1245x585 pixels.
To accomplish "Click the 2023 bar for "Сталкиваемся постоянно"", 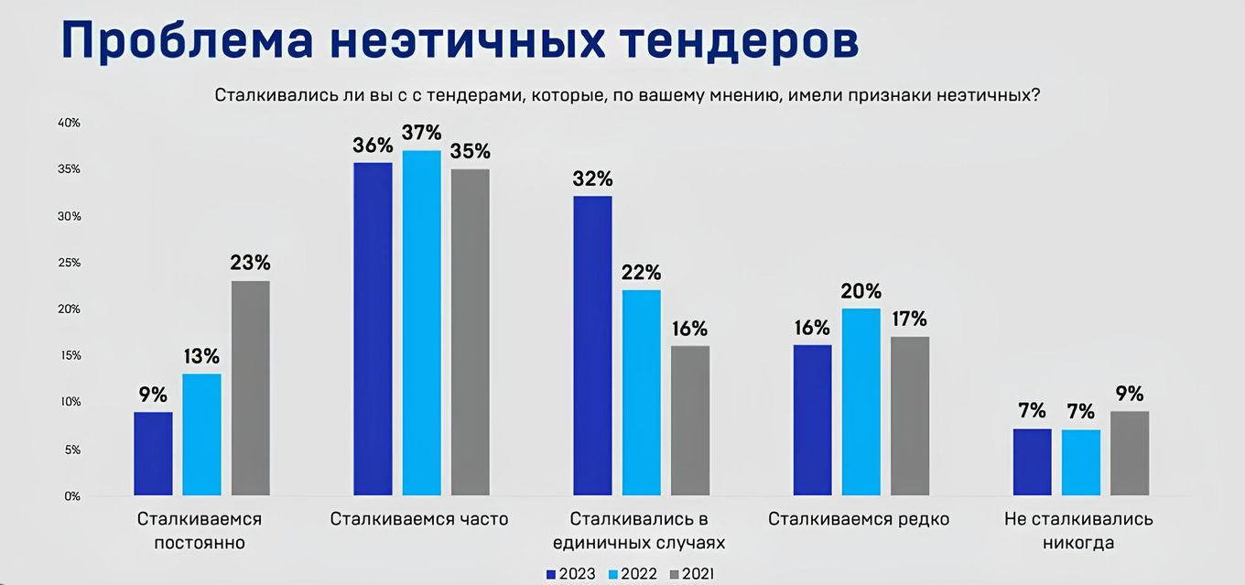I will [153, 454].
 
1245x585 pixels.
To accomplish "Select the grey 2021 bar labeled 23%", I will [250, 388].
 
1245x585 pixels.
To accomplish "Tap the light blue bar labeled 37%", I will [421, 323].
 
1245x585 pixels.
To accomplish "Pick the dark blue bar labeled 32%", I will [592, 346].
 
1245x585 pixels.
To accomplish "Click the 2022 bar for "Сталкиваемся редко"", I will [861, 402].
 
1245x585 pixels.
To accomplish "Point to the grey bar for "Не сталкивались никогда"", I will [1130, 454].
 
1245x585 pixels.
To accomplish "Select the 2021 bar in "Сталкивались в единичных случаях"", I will [690, 420].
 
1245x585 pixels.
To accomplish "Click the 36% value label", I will [373, 146].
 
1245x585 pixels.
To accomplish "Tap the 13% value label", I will [201, 356].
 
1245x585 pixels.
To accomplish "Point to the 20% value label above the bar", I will [861, 291].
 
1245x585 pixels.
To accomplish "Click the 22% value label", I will [641, 273].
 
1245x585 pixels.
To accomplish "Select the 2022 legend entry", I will [633, 574].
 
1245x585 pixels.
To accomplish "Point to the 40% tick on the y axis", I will [70, 123].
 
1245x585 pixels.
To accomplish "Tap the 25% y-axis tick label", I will [70, 263].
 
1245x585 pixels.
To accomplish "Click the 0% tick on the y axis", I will [71, 496].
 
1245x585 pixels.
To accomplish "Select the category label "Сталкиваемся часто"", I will [419, 520].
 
